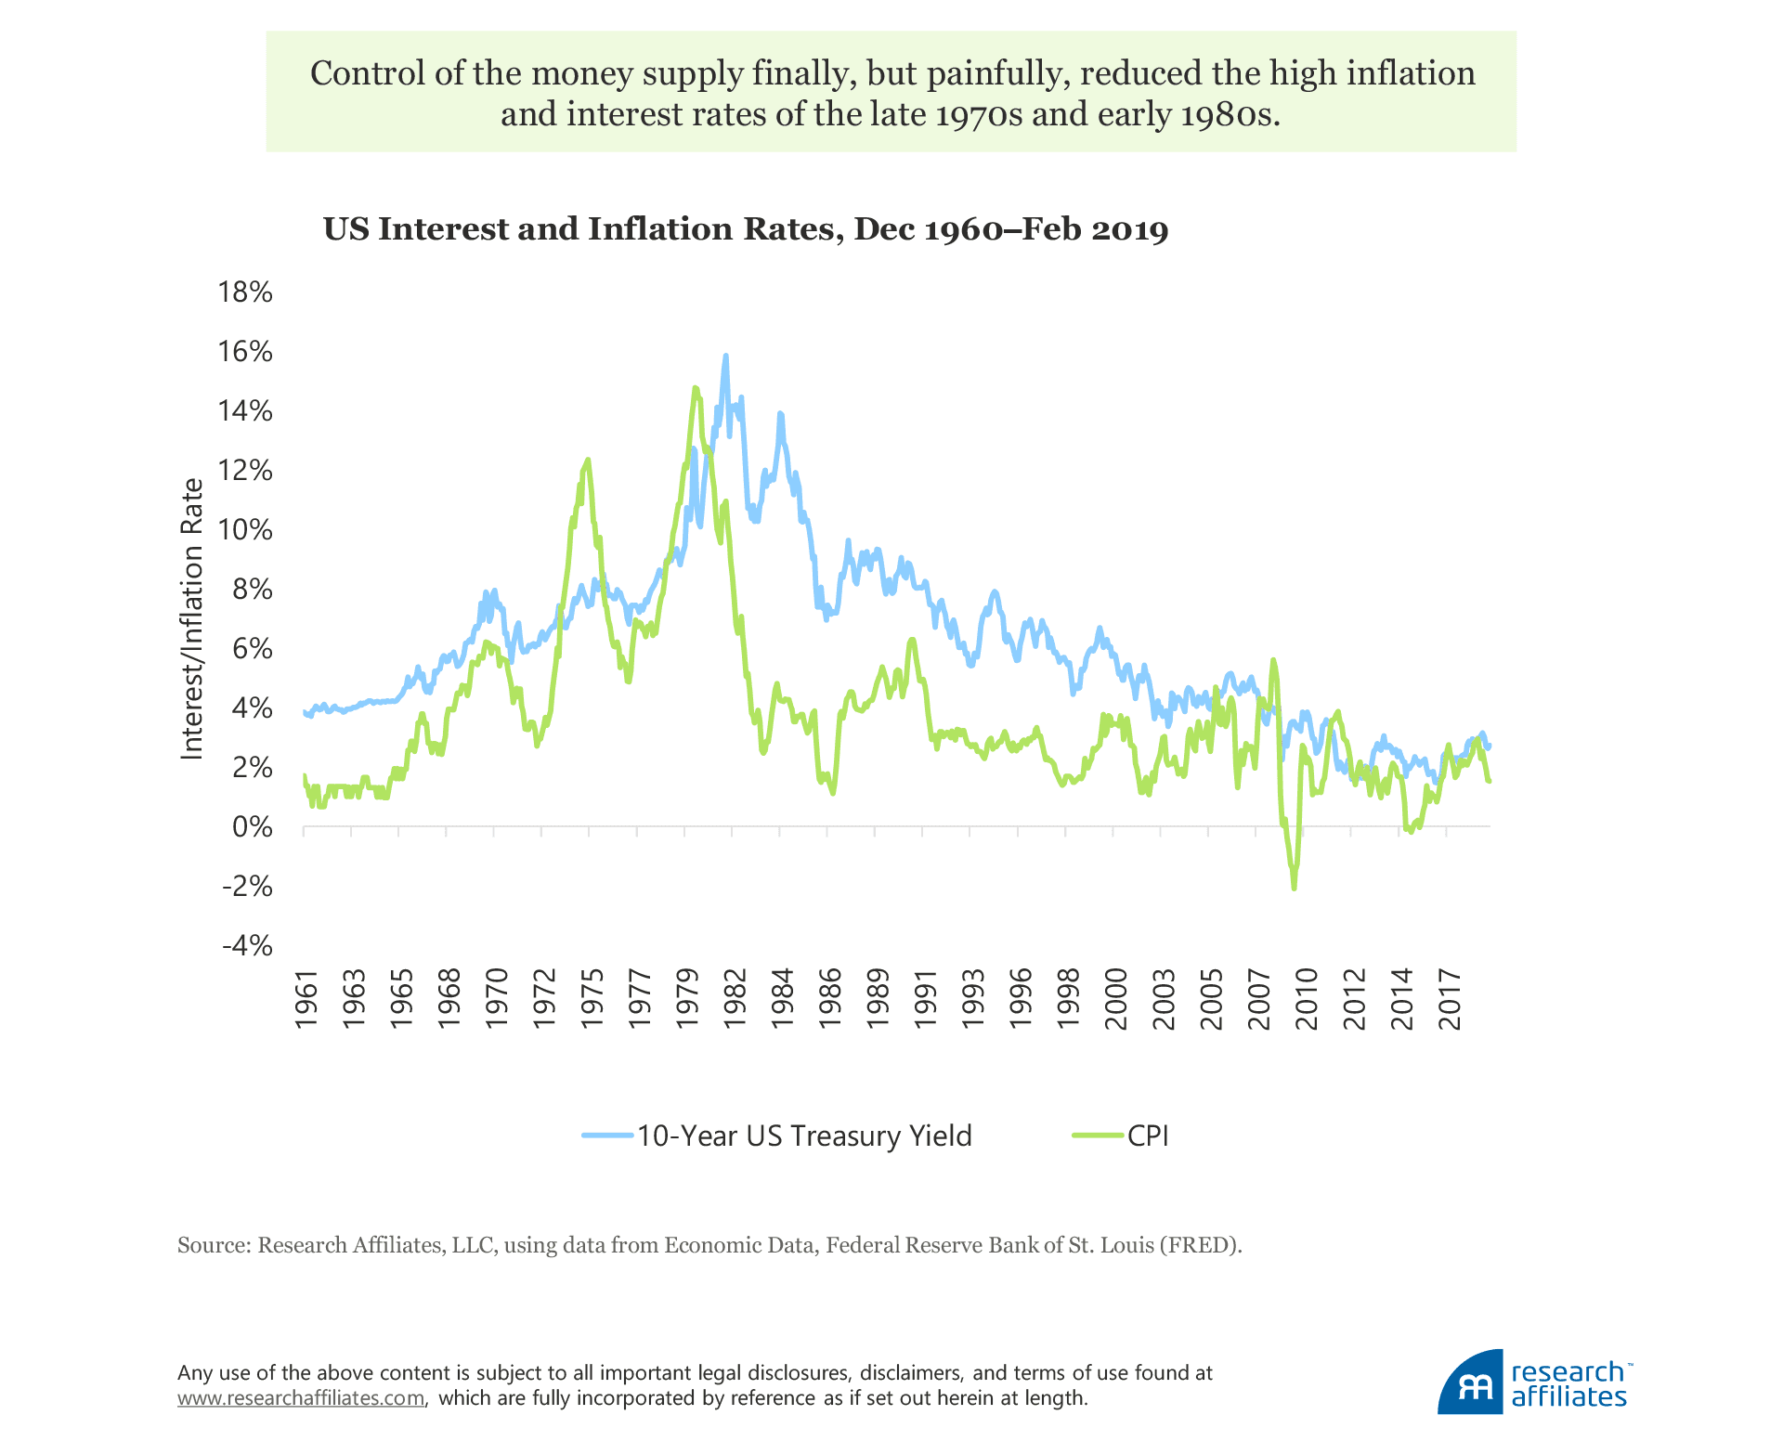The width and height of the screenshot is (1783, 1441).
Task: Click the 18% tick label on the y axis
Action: pos(245,292)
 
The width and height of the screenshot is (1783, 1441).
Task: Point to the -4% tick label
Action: pos(247,946)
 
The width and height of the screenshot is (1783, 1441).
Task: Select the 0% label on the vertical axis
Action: pos(253,827)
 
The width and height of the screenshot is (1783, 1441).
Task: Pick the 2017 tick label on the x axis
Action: pos(1449,999)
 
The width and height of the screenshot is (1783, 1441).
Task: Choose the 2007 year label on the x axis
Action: pos(1258,999)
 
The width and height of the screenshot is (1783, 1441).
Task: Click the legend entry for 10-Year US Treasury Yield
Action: pos(803,1136)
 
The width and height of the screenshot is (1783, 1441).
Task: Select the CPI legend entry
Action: pos(1147,1136)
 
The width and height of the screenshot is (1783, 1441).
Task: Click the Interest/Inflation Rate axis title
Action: pos(192,618)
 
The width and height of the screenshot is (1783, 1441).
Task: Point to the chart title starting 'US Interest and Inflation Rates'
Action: pos(746,229)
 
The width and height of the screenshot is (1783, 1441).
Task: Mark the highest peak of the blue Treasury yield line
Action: pos(725,356)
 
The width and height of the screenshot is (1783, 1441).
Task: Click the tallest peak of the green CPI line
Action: pos(695,388)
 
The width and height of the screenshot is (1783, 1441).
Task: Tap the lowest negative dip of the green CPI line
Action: pos(1294,889)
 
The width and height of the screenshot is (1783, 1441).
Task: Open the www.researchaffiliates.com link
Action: pos(302,1398)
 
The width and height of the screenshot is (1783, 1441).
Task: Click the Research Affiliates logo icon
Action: pos(1470,1384)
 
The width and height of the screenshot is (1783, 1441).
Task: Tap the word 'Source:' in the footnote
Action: pos(214,1245)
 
